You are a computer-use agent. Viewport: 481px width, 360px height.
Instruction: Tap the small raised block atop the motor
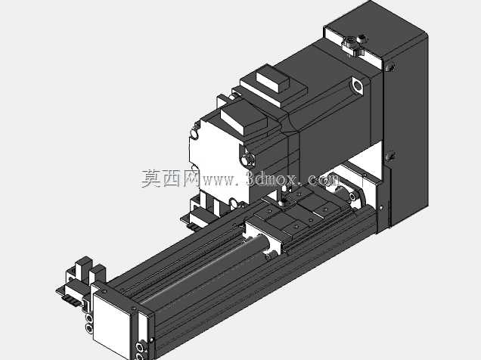[x=273, y=79]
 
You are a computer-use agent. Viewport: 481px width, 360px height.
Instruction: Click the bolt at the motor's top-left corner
[x=194, y=134]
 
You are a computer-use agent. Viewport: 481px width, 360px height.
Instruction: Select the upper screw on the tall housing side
[x=390, y=67]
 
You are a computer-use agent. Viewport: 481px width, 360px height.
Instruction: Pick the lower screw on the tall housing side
[x=389, y=157]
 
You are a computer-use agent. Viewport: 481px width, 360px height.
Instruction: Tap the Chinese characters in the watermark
[x=170, y=178]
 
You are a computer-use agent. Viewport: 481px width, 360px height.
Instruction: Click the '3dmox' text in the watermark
[x=272, y=178]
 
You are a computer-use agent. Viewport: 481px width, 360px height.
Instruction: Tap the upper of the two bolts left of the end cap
[x=89, y=318]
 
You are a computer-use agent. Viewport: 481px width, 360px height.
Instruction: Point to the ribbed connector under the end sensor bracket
[x=70, y=299]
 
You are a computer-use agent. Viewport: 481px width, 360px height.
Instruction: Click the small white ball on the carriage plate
[x=281, y=203]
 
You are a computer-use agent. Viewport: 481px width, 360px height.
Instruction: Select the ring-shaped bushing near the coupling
[x=353, y=195]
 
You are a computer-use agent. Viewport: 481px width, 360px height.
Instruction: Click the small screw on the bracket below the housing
[x=381, y=207]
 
